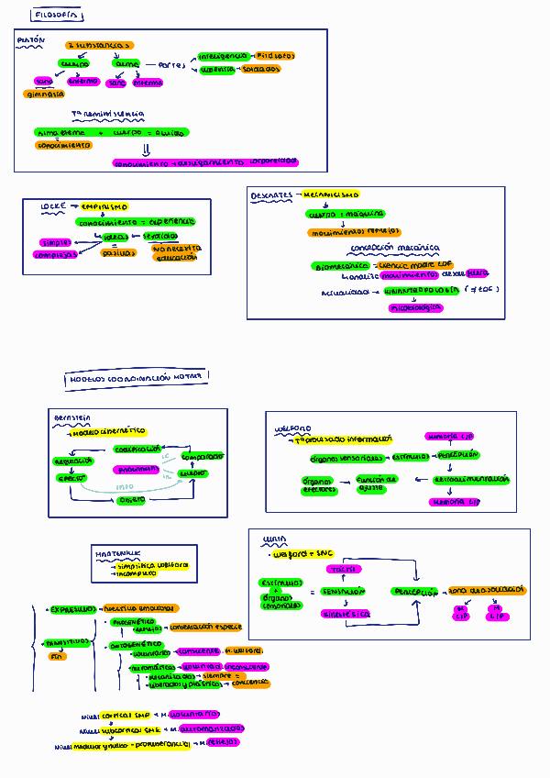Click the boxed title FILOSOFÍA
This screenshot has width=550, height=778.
pyautogui.click(x=56, y=15)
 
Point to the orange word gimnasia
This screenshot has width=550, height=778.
pyautogui.click(x=44, y=94)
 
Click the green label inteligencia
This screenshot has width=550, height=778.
pyautogui.click(x=223, y=56)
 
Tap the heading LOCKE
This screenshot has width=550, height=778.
pyautogui.click(x=53, y=207)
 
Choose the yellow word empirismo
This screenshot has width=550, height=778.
pyautogui.click(x=104, y=207)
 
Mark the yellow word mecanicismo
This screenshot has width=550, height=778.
pyautogui.click(x=331, y=195)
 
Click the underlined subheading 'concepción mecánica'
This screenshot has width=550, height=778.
pyautogui.click(x=394, y=248)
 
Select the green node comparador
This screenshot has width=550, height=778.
pyautogui.click(x=203, y=456)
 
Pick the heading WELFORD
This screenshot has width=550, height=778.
pyautogui.click(x=292, y=428)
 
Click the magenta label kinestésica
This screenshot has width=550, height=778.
pyautogui.click(x=344, y=613)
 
